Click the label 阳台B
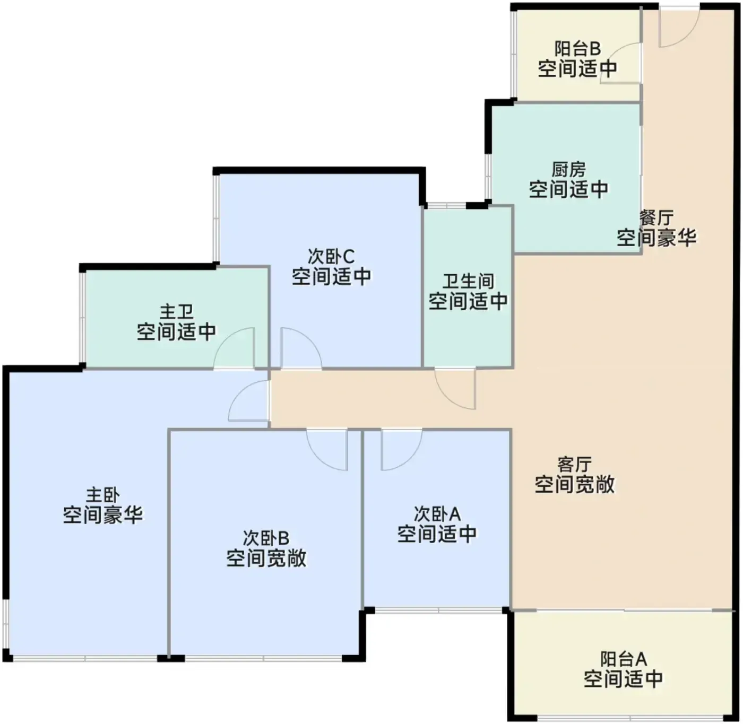click(x=577, y=49)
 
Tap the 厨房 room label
click(x=568, y=169)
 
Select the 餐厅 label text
click(x=656, y=219)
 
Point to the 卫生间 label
click(x=468, y=282)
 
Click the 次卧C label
click(x=331, y=257)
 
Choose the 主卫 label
click(x=176, y=312)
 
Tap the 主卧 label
click(x=103, y=495)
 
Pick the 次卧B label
click(x=266, y=538)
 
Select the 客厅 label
click(x=575, y=465)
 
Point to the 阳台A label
click(x=624, y=659)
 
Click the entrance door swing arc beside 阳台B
click(x=687, y=36)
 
